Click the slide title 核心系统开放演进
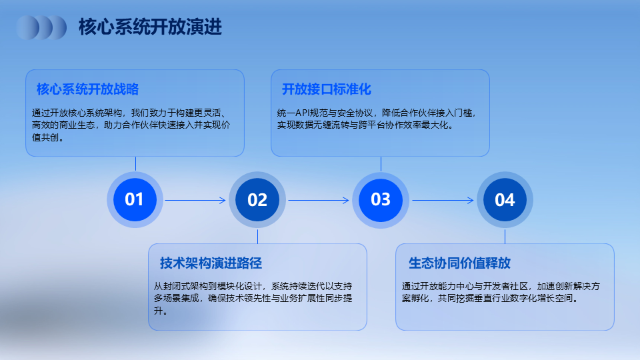tap(150, 27)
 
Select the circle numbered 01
tap(135, 199)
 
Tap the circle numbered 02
tap(257, 199)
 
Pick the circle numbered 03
tap(381, 199)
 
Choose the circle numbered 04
tap(505, 199)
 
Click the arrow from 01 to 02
tap(195, 200)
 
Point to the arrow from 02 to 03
tap(319, 200)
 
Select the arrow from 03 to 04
tap(443, 200)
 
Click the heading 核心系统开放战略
tap(88, 89)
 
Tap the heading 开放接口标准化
tap(327, 89)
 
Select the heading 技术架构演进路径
tap(211, 263)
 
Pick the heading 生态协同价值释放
tap(459, 263)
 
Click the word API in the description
tap(303, 113)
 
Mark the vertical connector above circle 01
tap(135, 164)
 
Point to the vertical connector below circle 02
tap(257, 236)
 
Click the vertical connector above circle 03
tap(381, 164)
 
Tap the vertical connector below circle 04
tap(505, 236)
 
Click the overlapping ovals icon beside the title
tap(41, 27)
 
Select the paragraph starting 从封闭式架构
tap(253, 299)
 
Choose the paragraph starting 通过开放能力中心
tap(501, 292)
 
